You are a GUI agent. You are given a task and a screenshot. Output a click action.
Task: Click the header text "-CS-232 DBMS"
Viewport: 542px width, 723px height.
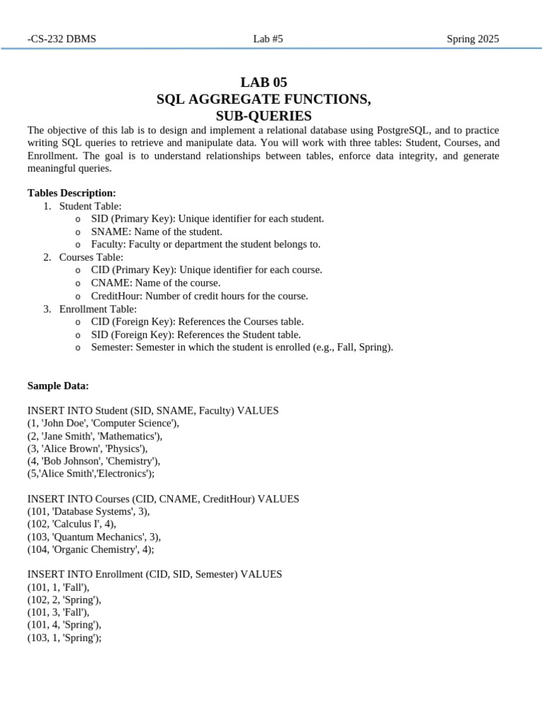61,39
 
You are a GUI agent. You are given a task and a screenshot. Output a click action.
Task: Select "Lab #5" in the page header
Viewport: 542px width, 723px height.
268,39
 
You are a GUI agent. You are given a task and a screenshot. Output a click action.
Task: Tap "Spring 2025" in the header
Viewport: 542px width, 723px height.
473,39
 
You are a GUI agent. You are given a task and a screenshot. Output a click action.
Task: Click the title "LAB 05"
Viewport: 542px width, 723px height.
264,82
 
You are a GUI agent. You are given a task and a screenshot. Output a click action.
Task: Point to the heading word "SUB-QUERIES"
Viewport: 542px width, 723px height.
263,116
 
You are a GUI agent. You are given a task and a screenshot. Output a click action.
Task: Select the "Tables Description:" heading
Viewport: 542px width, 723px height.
71,193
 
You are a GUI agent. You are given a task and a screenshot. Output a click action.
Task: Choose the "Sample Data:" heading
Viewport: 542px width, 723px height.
58,386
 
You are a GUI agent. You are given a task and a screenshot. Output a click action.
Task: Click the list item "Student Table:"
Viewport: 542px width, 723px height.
90,206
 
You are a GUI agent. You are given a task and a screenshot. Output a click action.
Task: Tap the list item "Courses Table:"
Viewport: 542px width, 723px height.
91,258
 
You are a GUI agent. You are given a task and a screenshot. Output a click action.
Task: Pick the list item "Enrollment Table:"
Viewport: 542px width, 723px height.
98,309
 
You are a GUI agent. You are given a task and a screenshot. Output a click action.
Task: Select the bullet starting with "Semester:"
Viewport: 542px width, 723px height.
242,347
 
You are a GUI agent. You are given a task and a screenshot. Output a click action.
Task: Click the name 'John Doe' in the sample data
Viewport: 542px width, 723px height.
65,423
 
